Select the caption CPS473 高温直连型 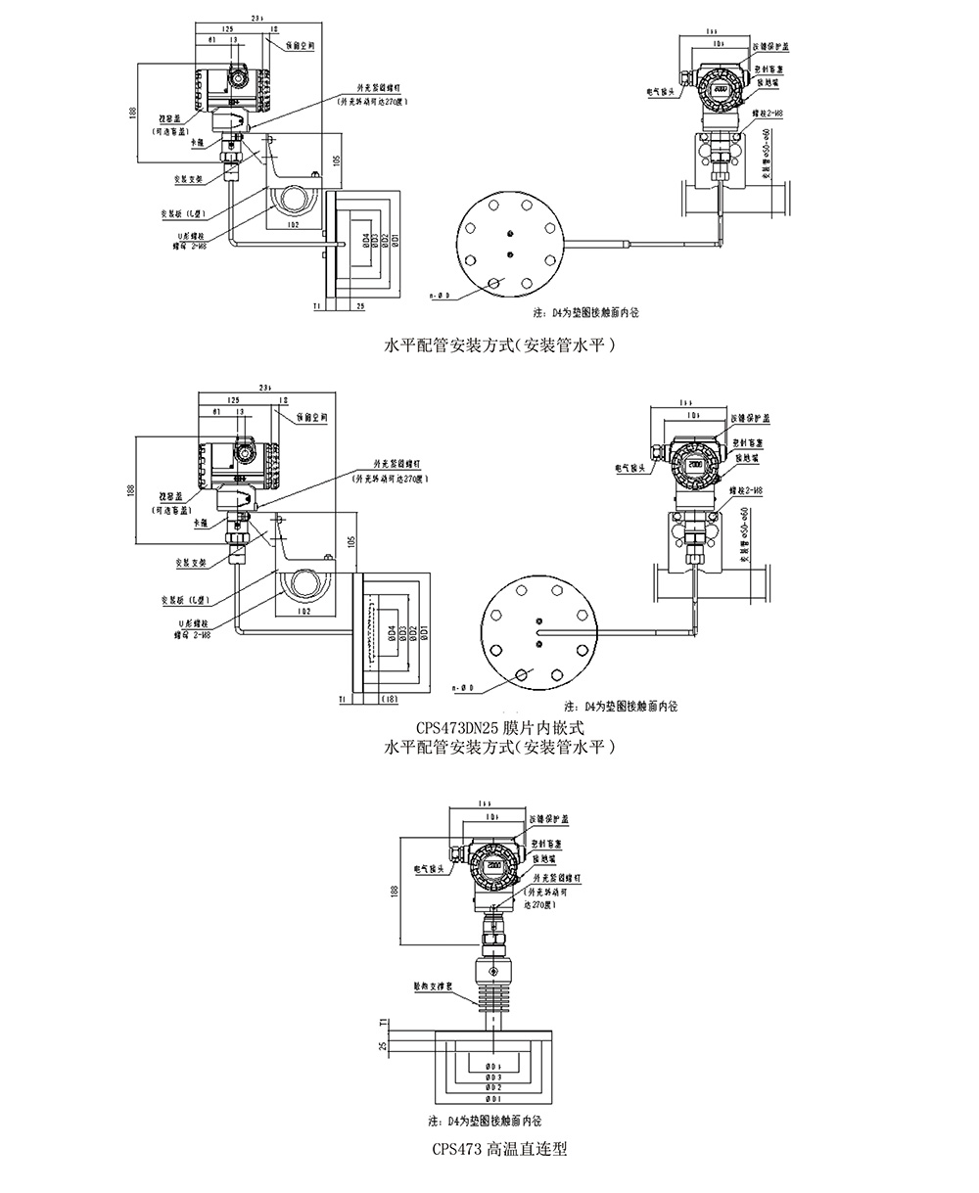[x=499, y=1149]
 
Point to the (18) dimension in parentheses [x=389, y=698]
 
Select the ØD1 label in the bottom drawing [x=493, y=1099]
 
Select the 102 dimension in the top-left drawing [x=292, y=225]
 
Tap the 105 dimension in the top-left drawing [x=335, y=161]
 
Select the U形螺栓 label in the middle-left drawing [x=190, y=623]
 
